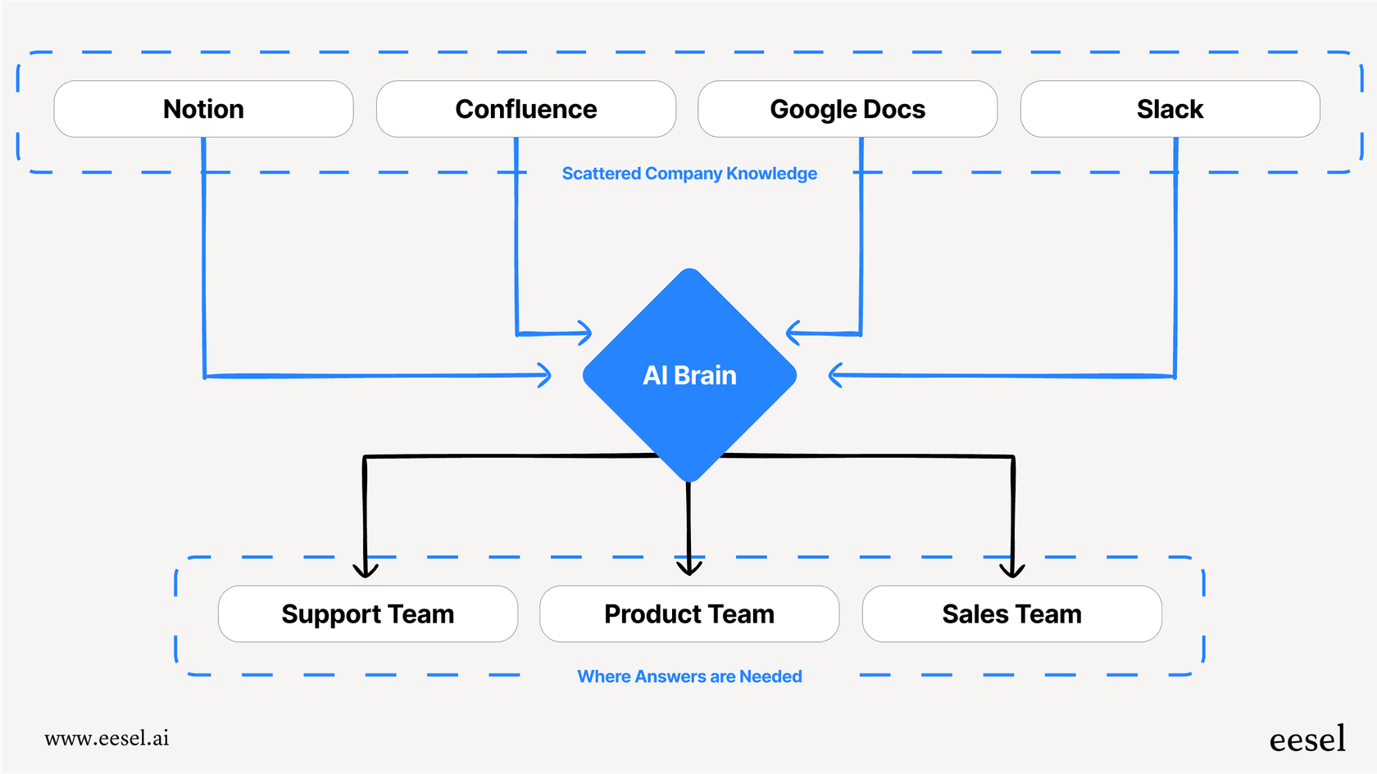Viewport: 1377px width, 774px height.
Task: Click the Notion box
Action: tap(203, 109)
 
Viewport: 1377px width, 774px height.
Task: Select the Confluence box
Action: tap(525, 109)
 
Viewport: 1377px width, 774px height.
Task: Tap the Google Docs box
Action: tap(848, 109)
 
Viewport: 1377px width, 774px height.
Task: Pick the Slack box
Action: tap(1170, 109)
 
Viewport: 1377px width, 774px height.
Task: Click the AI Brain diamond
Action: tap(689, 375)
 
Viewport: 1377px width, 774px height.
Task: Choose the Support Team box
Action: tap(367, 613)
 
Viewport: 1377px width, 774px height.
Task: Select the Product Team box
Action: tap(689, 613)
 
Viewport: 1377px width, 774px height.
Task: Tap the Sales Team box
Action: tap(1011, 613)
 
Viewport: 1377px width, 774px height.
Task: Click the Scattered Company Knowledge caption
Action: tap(689, 174)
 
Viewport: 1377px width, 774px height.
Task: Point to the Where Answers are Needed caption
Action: tap(689, 677)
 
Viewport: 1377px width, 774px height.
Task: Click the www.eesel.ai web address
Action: tap(107, 738)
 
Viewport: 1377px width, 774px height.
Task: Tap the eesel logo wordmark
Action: tap(1307, 740)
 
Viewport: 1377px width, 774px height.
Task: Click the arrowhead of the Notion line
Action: tap(544, 375)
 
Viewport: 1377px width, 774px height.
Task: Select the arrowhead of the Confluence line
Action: tap(584, 333)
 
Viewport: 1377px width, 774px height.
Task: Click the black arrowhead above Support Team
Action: tap(366, 570)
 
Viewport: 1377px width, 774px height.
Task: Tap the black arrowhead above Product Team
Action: tap(689, 568)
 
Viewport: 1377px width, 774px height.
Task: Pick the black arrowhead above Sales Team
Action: tap(1012, 570)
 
